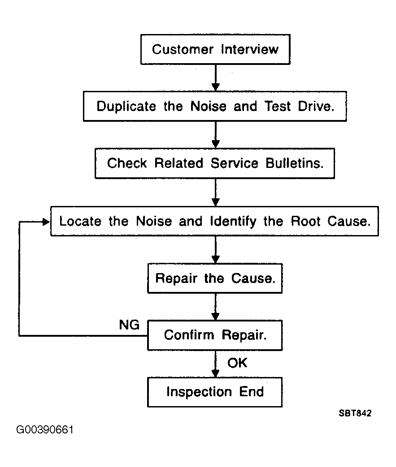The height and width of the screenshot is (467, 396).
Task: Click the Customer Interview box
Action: (x=215, y=49)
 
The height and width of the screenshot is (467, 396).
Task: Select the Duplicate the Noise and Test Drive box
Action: (x=215, y=106)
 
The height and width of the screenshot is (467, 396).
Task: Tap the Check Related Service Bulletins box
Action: (x=215, y=163)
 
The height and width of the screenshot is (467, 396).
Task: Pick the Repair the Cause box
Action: (x=215, y=278)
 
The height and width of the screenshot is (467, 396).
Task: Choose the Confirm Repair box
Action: (x=215, y=335)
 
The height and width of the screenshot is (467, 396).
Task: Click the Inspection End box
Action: (x=215, y=392)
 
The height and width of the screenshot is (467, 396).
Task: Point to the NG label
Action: (x=129, y=325)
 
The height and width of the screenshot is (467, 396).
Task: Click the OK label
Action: (x=237, y=363)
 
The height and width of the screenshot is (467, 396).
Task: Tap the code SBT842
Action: (x=355, y=413)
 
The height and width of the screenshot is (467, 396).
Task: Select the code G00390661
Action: (x=45, y=429)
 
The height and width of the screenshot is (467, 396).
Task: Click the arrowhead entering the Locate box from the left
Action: (x=46, y=222)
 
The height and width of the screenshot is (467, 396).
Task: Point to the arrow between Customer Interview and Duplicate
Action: (x=215, y=78)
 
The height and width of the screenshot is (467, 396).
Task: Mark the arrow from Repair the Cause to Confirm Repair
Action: (x=215, y=307)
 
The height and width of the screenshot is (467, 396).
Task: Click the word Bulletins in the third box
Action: (x=295, y=163)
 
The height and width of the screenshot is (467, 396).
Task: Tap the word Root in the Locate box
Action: (x=305, y=221)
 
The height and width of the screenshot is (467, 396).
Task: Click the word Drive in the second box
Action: (x=316, y=106)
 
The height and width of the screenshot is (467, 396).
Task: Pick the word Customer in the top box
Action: (x=183, y=49)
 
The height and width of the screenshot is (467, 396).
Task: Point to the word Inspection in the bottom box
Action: (x=199, y=392)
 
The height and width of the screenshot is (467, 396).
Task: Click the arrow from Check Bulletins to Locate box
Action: (x=215, y=193)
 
